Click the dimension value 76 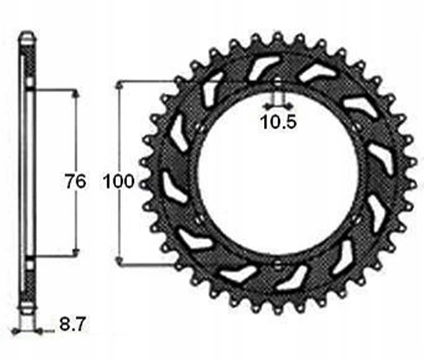(x=76, y=181)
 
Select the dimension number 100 (x=119, y=181)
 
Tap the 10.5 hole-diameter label (x=278, y=122)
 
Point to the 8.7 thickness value (x=73, y=324)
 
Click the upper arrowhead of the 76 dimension (x=76, y=94)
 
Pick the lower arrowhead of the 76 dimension (x=76, y=252)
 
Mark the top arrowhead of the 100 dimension (x=119, y=85)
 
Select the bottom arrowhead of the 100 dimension (x=119, y=261)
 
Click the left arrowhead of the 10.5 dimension (x=267, y=106)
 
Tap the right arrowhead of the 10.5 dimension (x=288, y=106)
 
